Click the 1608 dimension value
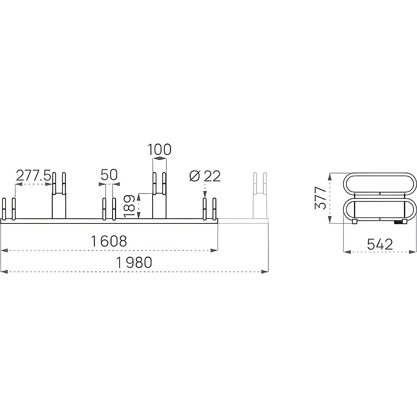(x=109, y=241)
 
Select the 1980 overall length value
(x=134, y=262)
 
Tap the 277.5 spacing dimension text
(x=33, y=175)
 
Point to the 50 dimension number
(x=109, y=175)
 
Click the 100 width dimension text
(x=160, y=149)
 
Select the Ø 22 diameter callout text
(x=205, y=176)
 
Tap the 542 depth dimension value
(x=380, y=245)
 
